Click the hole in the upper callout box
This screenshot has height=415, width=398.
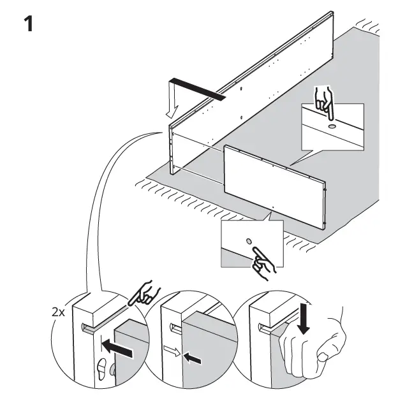[333, 126]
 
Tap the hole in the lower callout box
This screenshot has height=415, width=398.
[249, 242]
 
